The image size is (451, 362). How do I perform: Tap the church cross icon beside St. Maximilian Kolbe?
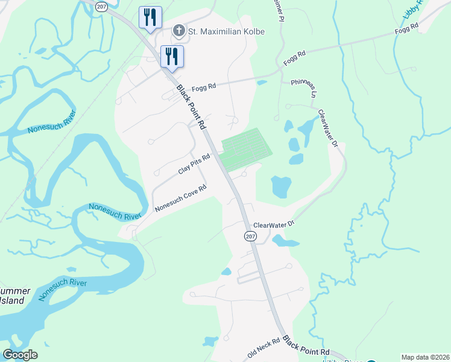pyautogui.click(x=179, y=30)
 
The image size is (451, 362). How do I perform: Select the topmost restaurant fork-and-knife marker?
pyautogui.click(x=150, y=17)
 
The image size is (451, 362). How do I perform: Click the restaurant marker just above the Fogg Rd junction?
pyautogui.click(x=172, y=56)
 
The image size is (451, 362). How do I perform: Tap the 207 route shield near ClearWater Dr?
pyautogui.click(x=250, y=237)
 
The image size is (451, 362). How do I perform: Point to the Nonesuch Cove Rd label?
pyautogui.click(x=180, y=198)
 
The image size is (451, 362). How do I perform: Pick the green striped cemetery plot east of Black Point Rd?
pyautogui.click(x=245, y=148)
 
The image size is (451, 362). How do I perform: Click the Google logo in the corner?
pyautogui.click(x=20, y=354)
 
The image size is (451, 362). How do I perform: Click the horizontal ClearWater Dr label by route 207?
pyautogui.click(x=273, y=224)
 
